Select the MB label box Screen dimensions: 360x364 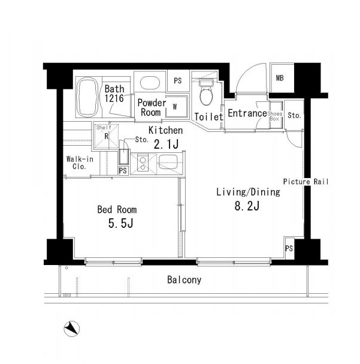[x=280, y=78]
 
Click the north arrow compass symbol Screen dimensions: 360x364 [x=72, y=329]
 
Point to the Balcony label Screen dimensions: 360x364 [x=184, y=280]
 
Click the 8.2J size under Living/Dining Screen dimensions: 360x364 [x=247, y=206]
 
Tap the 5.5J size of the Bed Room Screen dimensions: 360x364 [x=120, y=224]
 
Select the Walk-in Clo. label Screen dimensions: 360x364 [x=80, y=163]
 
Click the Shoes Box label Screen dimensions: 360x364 [x=275, y=116]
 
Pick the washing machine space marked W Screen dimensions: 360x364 [x=176, y=107]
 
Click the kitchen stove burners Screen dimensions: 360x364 [x=143, y=164]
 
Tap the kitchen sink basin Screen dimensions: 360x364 [x=168, y=163]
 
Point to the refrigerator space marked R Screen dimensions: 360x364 [x=107, y=136]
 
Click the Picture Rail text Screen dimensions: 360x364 [x=305, y=182]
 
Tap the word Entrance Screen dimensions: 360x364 [x=247, y=113]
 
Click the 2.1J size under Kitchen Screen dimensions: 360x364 [x=166, y=145]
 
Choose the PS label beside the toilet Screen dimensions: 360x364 [x=178, y=81]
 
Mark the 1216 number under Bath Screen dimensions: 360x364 [x=114, y=98]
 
